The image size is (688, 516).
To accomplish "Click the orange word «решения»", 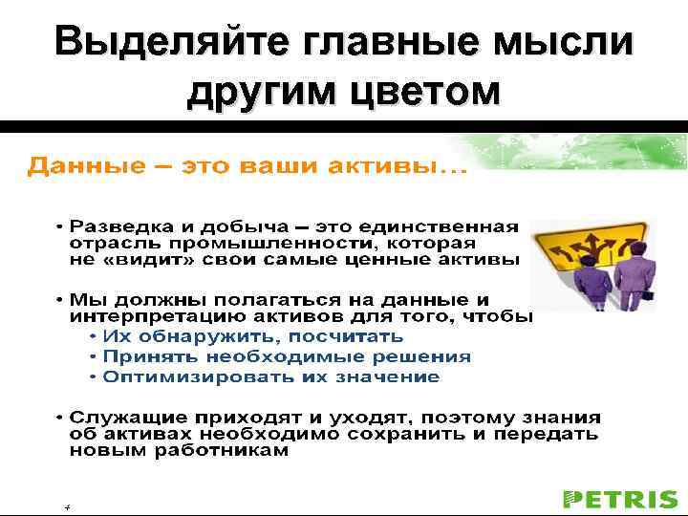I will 428,356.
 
